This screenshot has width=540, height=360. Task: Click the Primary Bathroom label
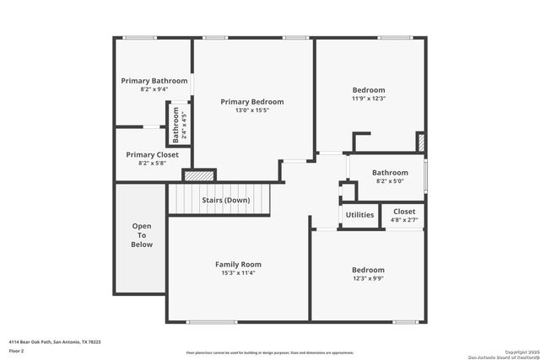pyautogui.click(x=154, y=81)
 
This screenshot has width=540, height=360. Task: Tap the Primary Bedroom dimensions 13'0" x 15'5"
pyautogui.click(x=251, y=110)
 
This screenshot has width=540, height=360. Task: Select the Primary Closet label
pyautogui.click(x=152, y=154)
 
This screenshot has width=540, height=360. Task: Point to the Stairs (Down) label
pyautogui.click(x=225, y=200)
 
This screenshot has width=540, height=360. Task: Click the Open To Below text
pyautogui.click(x=142, y=234)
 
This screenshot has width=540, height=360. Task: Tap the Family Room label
pyautogui.click(x=238, y=264)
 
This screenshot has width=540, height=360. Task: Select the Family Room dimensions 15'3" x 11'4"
pyautogui.click(x=238, y=273)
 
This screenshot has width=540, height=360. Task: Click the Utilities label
pyautogui.click(x=359, y=215)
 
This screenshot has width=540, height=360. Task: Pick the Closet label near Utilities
pyautogui.click(x=404, y=211)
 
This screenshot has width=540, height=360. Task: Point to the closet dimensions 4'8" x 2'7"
pyautogui.click(x=404, y=220)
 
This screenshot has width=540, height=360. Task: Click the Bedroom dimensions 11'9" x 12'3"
pyautogui.click(x=369, y=99)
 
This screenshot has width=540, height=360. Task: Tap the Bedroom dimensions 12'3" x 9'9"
pyautogui.click(x=368, y=279)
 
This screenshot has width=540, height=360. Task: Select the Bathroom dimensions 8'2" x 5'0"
pyautogui.click(x=390, y=180)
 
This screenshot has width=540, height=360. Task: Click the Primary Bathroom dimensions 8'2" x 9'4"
pyautogui.click(x=154, y=89)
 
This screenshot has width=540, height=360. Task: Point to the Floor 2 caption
pyautogui.click(x=16, y=350)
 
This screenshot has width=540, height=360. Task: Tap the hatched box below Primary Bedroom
pyautogui.click(x=200, y=175)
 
